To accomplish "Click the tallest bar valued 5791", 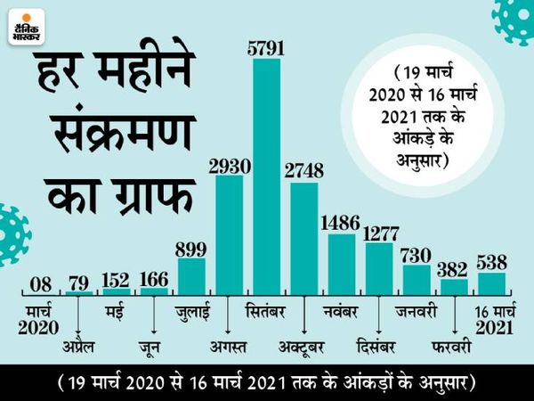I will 266,177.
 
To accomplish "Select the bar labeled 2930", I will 229,235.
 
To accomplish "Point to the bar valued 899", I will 191,276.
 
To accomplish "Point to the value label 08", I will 40,284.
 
